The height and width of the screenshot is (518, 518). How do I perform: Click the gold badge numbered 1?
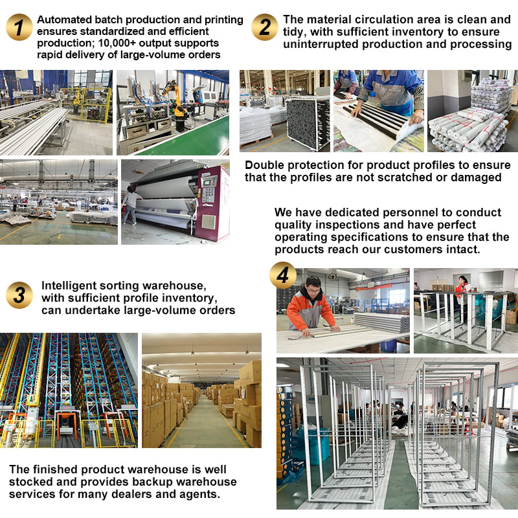(19, 27)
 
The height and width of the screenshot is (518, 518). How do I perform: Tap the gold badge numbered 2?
(265, 27)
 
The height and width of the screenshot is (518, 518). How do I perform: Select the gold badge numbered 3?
(19, 295)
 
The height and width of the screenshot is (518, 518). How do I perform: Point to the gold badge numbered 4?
(283, 275)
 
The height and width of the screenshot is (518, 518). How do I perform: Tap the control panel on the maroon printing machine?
(208, 189)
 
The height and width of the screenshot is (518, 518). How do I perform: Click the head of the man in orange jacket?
(313, 286)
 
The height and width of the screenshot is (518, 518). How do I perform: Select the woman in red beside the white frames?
(462, 291)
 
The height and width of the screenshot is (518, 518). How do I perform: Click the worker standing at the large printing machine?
(131, 205)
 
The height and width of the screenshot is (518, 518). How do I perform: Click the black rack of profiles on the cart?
(307, 123)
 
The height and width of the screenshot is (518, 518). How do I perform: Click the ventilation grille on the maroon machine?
(208, 221)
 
